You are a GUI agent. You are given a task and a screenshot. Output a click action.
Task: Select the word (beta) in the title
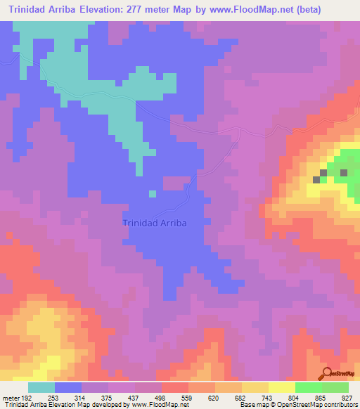click(x=337, y=9)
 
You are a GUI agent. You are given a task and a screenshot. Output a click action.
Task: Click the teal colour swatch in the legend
click(x=41, y=387)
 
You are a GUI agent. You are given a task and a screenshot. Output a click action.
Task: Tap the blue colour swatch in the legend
click(x=67, y=387)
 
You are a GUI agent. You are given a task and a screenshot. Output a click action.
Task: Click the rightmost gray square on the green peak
click(x=344, y=172)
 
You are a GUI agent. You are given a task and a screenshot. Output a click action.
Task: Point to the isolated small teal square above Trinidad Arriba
click(x=152, y=194)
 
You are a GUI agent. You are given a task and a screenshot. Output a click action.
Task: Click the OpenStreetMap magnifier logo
click(x=326, y=373)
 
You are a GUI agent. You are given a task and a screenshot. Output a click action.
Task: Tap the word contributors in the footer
click(x=340, y=405)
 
